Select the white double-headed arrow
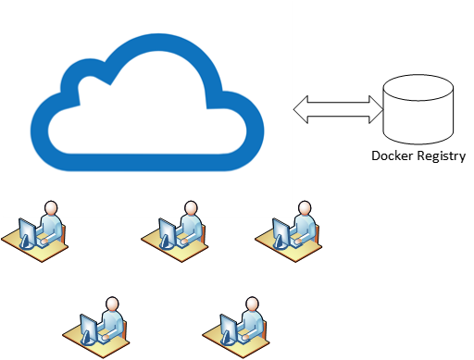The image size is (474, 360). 338,109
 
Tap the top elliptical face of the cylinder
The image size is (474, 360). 418,89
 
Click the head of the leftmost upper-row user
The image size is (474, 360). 51,208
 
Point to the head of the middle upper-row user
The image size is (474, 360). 191,208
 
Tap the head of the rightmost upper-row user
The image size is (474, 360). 304,208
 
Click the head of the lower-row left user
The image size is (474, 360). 113,304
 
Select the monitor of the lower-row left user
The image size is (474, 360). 90,328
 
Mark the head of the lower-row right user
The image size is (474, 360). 252,304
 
